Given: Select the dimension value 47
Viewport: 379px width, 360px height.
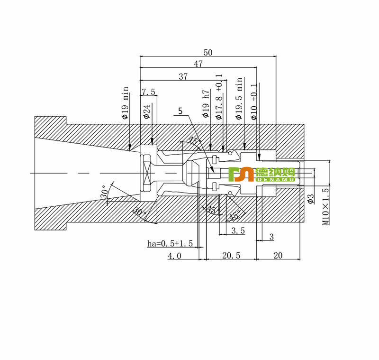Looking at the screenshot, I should (198, 64).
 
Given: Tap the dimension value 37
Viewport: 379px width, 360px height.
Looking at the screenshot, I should (183, 76).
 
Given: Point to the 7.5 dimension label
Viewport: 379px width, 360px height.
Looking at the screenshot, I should (148, 91).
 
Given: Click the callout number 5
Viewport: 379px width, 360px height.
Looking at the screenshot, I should (180, 111).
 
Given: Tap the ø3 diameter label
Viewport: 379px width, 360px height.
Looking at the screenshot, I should (311, 198).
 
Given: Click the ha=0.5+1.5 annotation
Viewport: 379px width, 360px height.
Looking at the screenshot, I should (170, 244).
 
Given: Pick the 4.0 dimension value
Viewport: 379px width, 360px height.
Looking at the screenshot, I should (174, 256).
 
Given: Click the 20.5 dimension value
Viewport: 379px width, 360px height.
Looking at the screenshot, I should (232, 256).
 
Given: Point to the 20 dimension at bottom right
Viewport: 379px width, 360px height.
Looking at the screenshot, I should (278, 256).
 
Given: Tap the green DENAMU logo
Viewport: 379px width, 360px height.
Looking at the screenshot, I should (262, 174).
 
